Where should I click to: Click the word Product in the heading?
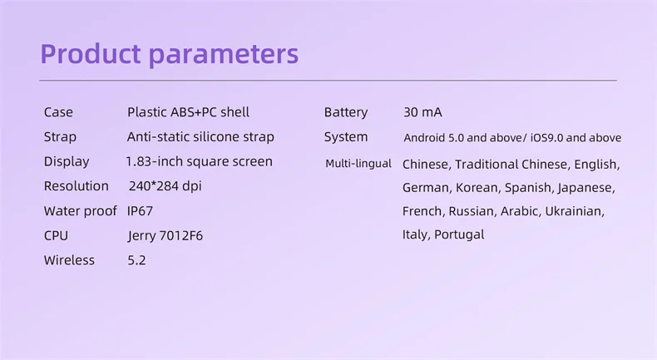pyautogui.click(x=91, y=53)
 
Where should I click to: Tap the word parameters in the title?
pyautogui.click(x=224, y=55)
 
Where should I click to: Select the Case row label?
pyautogui.click(x=58, y=112)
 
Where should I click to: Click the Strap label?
pyautogui.click(x=60, y=137)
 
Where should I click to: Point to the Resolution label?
pyautogui.click(x=77, y=186)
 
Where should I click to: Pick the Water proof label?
pyautogui.click(x=80, y=211)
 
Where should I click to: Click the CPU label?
pyautogui.click(x=56, y=235)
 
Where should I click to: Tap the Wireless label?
pyautogui.click(x=69, y=260)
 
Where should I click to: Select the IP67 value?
pyautogui.click(x=140, y=211)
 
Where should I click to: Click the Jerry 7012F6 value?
pyautogui.click(x=165, y=236)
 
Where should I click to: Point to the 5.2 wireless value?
pyautogui.click(x=136, y=260)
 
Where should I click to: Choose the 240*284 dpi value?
pyautogui.click(x=165, y=186)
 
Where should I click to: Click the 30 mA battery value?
pyautogui.click(x=422, y=112)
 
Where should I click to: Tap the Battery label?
pyautogui.click(x=346, y=112)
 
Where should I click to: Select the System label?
pyautogui.click(x=346, y=137)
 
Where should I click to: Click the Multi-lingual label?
pyautogui.click(x=358, y=164)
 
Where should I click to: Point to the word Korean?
pyautogui.click(x=477, y=188)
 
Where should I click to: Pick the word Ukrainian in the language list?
pyautogui.click(x=575, y=211)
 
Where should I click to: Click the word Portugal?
pyautogui.click(x=459, y=234)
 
